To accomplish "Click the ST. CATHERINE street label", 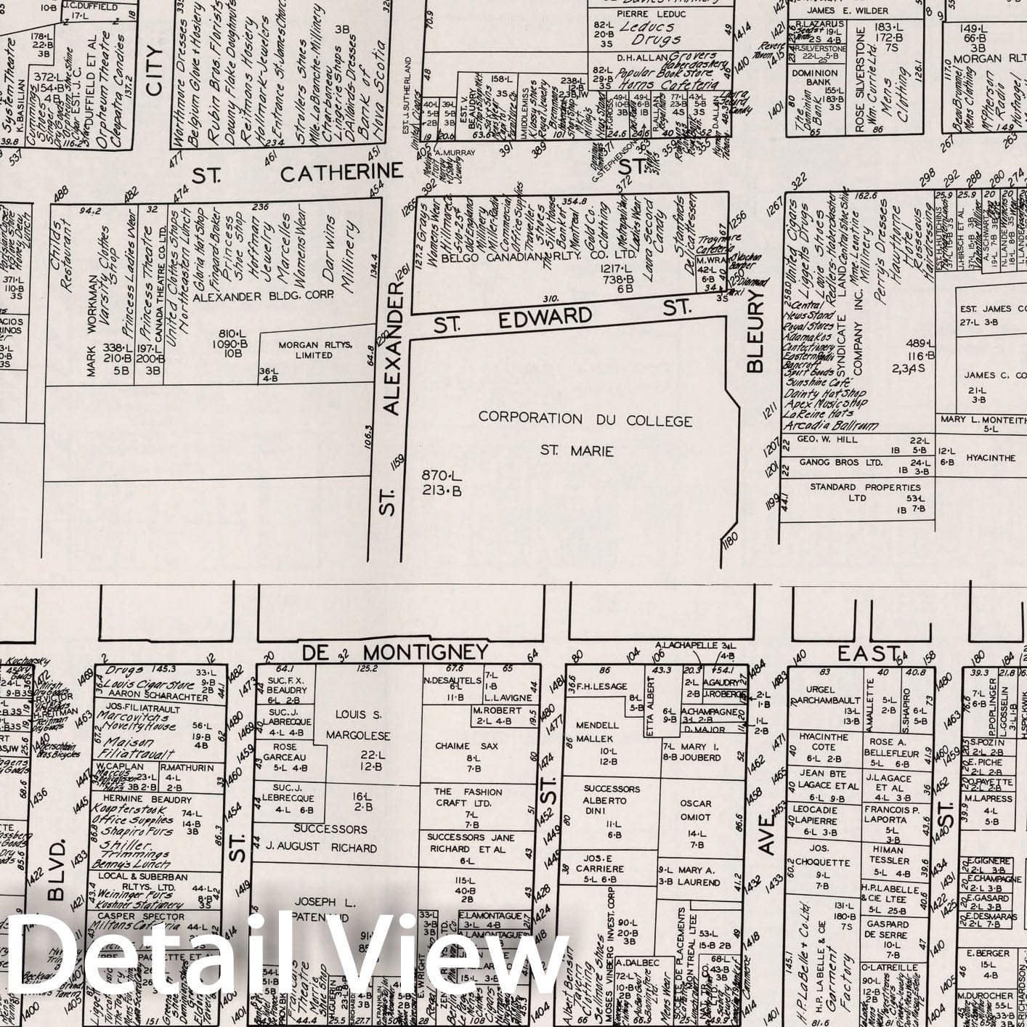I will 298,173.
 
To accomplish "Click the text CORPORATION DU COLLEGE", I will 585,419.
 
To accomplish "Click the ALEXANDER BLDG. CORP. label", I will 263,295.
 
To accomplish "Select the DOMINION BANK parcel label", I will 814,78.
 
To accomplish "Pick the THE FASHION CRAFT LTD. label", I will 468,797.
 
